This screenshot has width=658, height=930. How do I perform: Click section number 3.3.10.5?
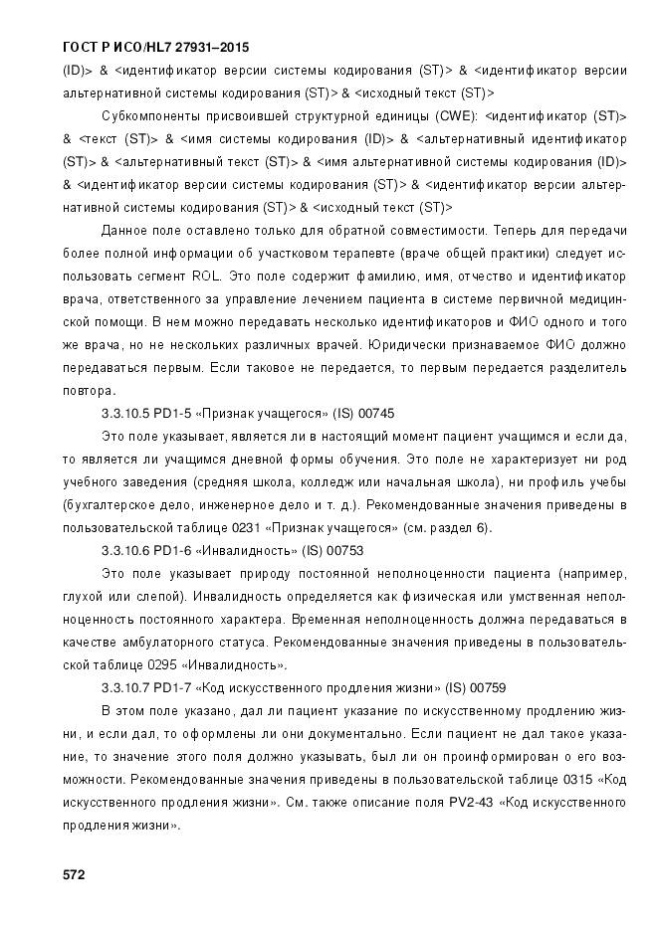tap(129, 412)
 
